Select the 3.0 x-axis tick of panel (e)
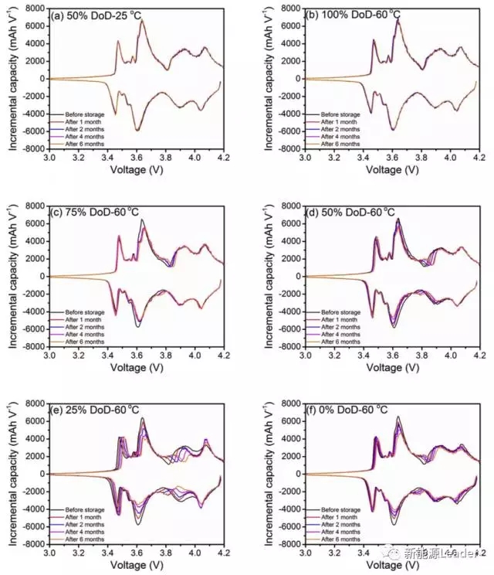coord(49,553)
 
